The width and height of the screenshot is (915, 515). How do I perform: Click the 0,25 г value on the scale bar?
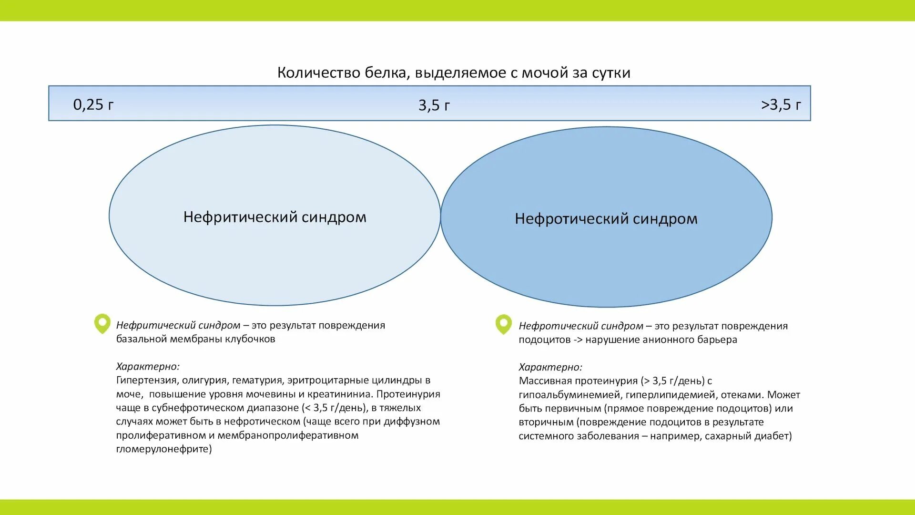93,104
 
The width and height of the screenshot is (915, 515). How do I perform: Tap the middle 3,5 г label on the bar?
434,105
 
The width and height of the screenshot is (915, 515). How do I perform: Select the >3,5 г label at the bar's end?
781,104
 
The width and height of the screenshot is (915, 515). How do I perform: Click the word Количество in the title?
319,72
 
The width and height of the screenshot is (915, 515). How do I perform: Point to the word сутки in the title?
611,72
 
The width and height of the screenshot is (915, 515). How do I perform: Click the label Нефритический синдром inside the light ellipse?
274,217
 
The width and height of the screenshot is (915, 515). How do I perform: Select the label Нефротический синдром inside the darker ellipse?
606,218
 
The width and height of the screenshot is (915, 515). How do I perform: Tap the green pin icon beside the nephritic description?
102,324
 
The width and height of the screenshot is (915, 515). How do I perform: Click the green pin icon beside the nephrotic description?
503,324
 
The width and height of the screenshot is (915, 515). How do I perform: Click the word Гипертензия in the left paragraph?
147,381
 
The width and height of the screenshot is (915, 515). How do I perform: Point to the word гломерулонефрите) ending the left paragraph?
164,449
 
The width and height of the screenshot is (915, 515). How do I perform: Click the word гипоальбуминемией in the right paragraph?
569,395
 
